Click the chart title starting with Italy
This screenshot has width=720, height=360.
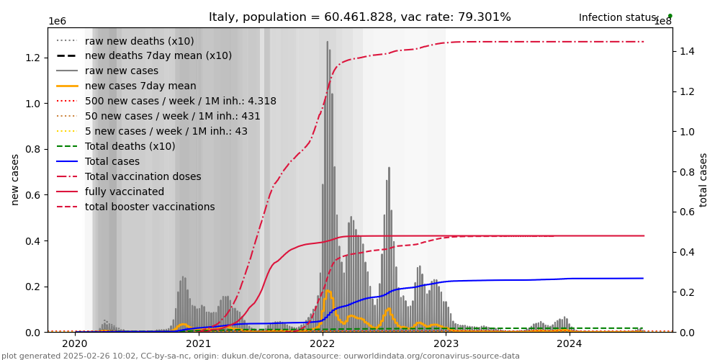pyautogui.click(x=359, y=17)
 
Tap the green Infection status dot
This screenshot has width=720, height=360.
pyautogui.click(x=670, y=16)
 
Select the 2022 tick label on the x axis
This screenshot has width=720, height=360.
pyautogui.click(x=322, y=343)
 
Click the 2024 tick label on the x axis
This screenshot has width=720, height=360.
pyautogui.click(x=570, y=343)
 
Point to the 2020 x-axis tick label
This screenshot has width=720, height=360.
pyautogui.click(x=75, y=343)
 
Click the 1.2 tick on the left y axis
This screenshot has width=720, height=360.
pyautogui.click(x=32, y=58)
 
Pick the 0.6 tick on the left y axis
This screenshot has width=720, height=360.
pyautogui.click(x=32, y=195)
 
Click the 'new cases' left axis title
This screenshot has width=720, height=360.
pyautogui.click(x=15, y=180)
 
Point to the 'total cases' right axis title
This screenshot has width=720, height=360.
pyautogui.click(x=703, y=180)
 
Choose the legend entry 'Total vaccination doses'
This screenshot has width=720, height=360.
pyautogui.click(x=143, y=176)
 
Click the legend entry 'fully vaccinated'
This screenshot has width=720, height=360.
pyautogui.click(x=125, y=192)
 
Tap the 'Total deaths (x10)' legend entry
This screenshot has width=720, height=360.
pyautogui.click(x=130, y=146)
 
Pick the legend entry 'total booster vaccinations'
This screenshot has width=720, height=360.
pyautogui.click(x=150, y=207)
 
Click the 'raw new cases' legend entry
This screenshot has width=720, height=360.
pyautogui.click(x=122, y=71)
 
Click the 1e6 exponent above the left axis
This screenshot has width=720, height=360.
pyautogui.click(x=58, y=22)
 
